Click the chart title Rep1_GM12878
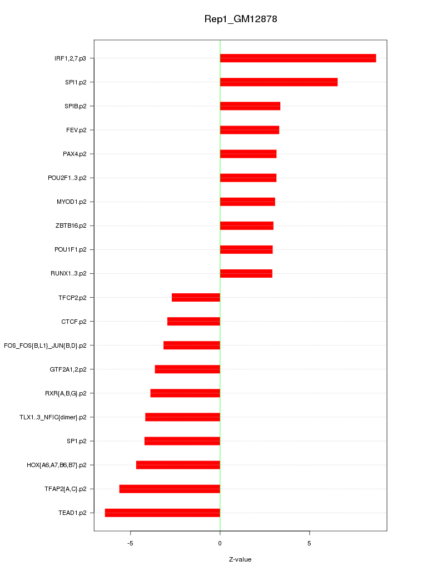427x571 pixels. click(x=241, y=19)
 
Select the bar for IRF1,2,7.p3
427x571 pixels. click(x=298, y=58)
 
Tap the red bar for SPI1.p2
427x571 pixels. click(x=279, y=82)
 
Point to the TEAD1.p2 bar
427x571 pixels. click(x=162, y=513)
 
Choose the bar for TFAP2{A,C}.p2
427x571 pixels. click(x=170, y=489)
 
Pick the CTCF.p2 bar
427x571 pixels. click(x=193, y=322)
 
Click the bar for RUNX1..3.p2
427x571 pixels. click(x=246, y=273)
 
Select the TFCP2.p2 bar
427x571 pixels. click(x=196, y=298)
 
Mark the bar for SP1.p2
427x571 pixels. click(x=182, y=441)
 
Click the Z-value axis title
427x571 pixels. click(x=240, y=559)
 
